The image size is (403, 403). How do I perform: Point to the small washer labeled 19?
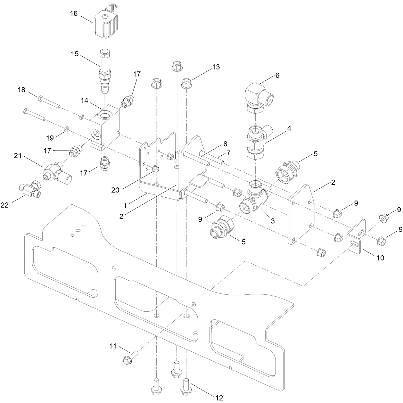(x=66, y=129)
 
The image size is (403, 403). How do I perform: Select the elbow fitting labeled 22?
(x=30, y=189)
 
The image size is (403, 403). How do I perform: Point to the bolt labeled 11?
(x=129, y=357)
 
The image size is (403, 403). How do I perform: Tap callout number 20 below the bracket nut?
(x=115, y=190)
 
